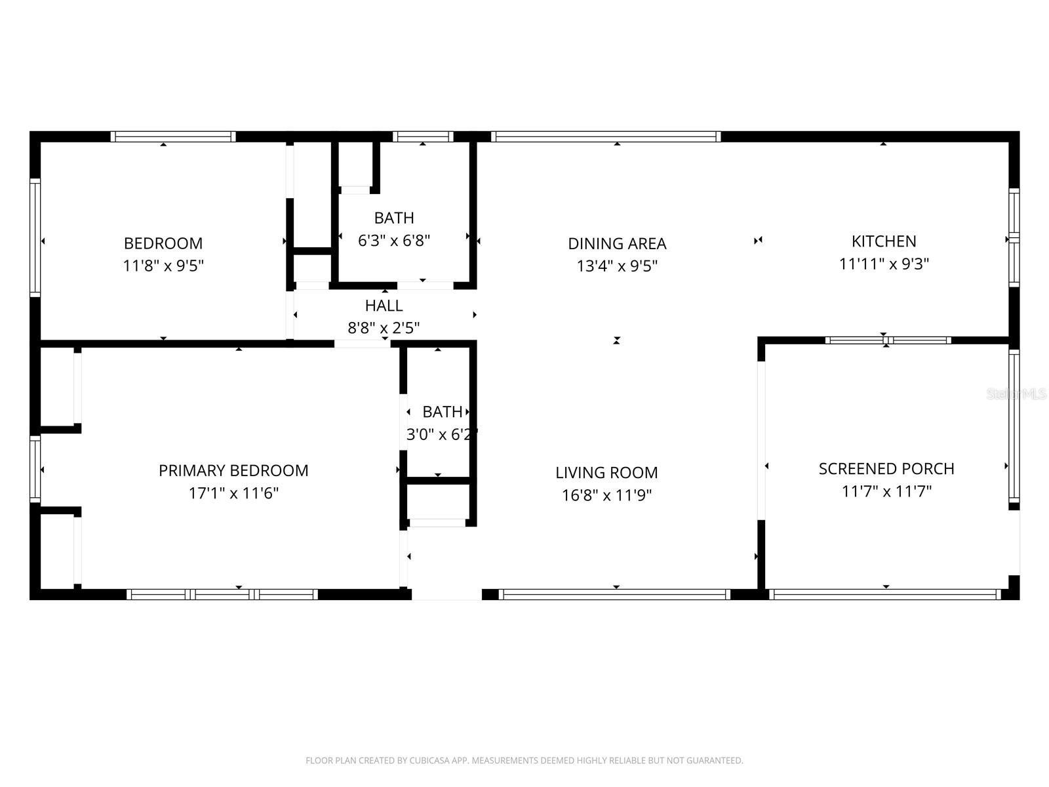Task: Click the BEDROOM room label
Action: [x=163, y=243]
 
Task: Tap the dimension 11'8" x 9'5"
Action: [x=163, y=266]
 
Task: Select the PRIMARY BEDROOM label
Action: [x=233, y=470]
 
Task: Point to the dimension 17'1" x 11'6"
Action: [x=233, y=493]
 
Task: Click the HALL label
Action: [x=384, y=306]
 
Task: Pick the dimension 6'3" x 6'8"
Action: [x=393, y=240]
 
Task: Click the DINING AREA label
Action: [x=617, y=243]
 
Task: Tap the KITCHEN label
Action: [x=883, y=241]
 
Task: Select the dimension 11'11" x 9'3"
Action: [x=884, y=264]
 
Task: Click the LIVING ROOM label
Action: [x=606, y=472]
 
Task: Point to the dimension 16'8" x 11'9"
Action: [x=606, y=495]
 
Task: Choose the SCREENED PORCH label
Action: [x=886, y=468]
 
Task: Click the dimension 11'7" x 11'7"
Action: [x=886, y=491]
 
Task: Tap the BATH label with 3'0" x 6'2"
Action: [x=442, y=412]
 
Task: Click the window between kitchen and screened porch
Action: [x=888, y=340]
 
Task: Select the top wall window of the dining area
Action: [x=606, y=136]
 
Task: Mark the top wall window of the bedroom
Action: [x=173, y=136]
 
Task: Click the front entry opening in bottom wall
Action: [x=446, y=594]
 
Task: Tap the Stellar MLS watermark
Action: [x=1016, y=394]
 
